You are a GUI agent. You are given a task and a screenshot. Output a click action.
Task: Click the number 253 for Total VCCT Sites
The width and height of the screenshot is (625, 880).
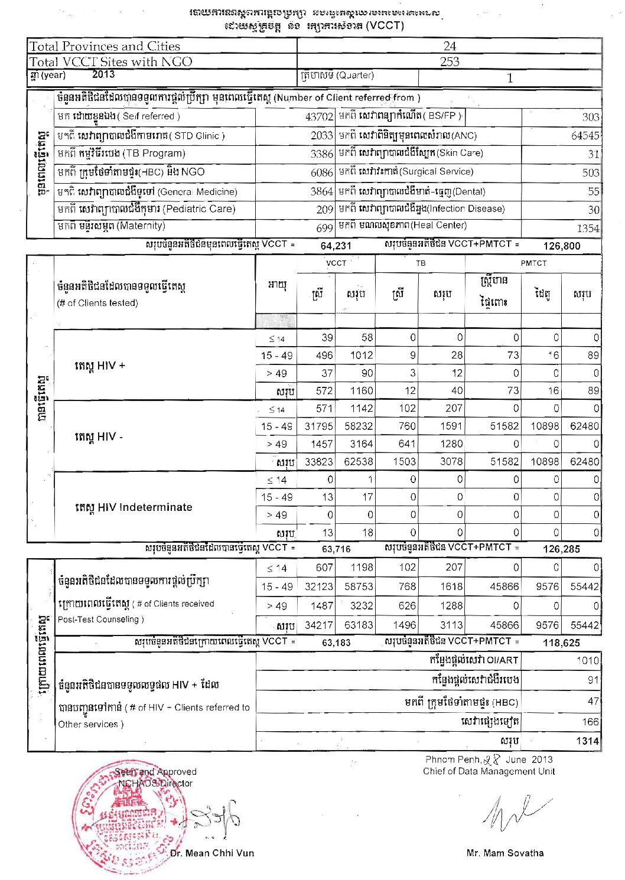point(449,61)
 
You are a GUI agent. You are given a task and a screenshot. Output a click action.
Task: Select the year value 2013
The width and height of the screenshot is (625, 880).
point(103,74)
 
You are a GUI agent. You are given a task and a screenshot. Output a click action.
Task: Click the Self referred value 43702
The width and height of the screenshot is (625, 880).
point(319,117)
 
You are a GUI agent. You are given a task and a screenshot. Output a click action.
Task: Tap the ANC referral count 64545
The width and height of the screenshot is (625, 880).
point(585,135)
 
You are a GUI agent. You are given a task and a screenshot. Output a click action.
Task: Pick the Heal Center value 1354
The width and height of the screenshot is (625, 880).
point(588,228)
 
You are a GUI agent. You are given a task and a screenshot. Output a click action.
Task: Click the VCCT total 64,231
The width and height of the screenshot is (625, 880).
point(336,246)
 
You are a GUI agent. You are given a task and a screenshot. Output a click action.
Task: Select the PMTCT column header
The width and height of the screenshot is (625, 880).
point(533,263)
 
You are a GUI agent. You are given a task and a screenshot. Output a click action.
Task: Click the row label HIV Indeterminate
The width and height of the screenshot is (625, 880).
point(134,507)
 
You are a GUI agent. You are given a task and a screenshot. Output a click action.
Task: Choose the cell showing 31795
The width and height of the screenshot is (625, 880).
point(318,426)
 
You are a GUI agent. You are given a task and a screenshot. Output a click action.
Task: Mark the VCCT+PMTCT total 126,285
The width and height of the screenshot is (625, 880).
point(561,549)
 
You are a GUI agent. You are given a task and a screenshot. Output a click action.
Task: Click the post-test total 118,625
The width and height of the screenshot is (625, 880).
point(561,643)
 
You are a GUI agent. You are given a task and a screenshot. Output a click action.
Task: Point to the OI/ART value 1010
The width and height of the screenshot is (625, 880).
point(587,660)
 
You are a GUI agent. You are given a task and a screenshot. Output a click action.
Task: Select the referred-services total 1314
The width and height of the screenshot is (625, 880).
point(587,741)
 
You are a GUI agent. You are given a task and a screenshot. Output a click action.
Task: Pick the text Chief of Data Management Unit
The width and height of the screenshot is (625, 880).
point(489,771)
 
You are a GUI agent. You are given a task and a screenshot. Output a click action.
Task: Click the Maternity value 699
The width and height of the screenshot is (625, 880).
point(324,228)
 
